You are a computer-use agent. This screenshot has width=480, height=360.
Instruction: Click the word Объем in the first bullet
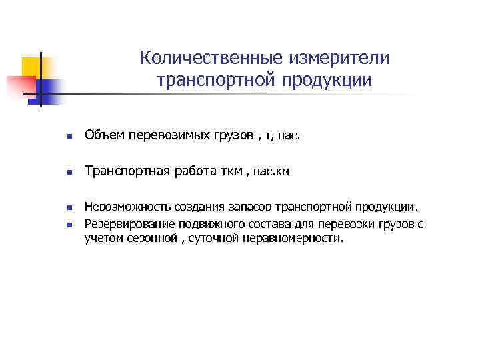coord(101,137)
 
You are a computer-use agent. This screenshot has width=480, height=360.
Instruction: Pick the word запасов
coord(248,208)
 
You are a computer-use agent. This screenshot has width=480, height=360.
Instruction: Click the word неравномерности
coord(292,239)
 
